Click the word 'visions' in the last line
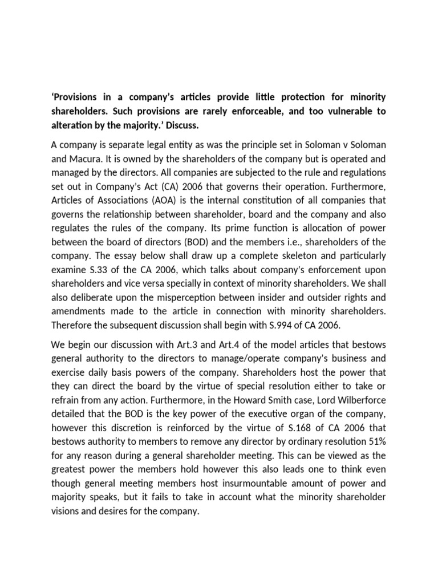(x=66, y=510)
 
